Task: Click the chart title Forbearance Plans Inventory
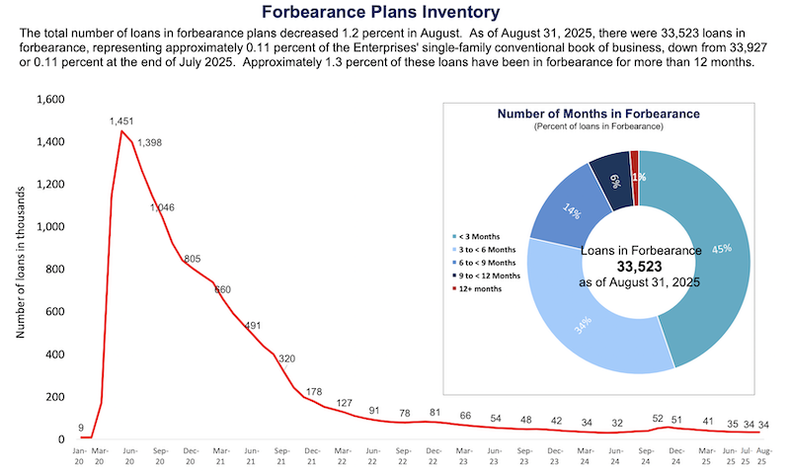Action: coord(394,12)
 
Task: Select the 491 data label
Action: coord(252,325)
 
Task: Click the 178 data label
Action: coord(314,392)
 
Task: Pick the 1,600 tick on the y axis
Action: coord(49,100)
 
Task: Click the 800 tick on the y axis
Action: coord(55,270)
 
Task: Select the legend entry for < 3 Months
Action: coord(477,236)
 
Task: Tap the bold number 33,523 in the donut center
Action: coord(639,267)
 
